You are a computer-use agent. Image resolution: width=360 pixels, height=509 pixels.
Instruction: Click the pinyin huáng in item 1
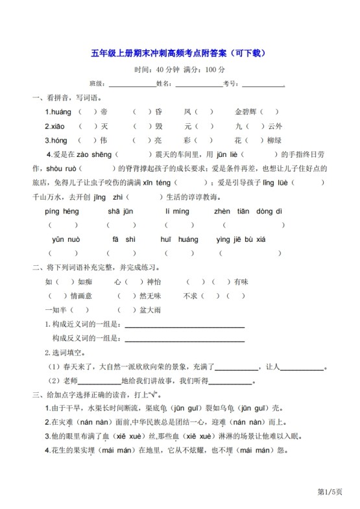pyautogui.click(x=58, y=112)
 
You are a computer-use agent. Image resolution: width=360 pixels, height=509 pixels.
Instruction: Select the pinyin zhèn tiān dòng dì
pyautogui.click(x=248, y=211)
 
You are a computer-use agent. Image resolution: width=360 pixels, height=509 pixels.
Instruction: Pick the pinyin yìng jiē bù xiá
pyautogui.click(x=241, y=239)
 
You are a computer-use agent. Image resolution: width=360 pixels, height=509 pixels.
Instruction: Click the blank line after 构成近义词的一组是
pyautogui.click(x=184, y=324)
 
